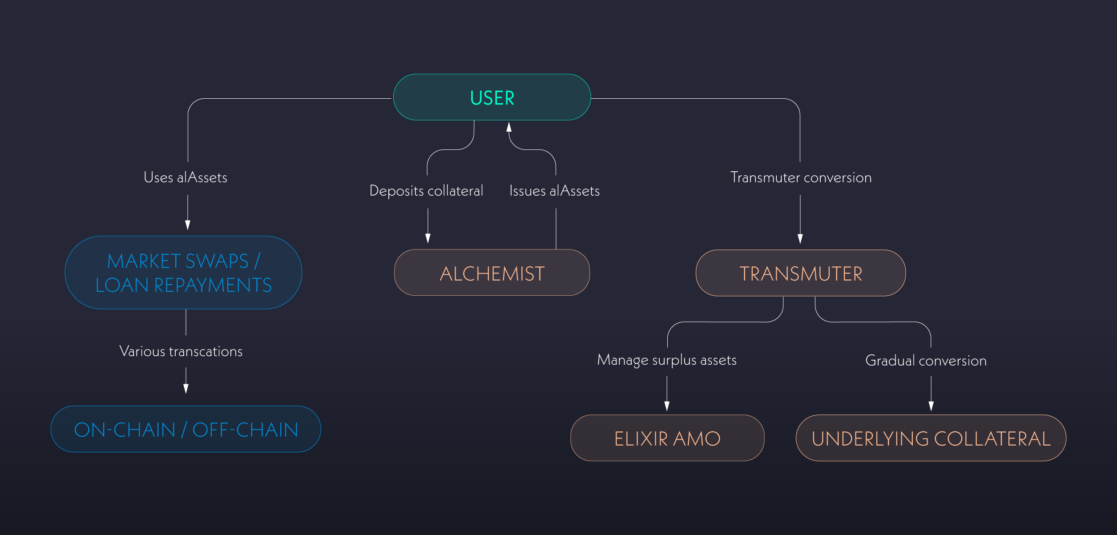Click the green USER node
point(492,97)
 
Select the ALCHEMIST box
point(492,273)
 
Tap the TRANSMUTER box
point(800,273)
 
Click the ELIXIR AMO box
point(667,438)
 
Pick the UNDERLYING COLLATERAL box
point(931,438)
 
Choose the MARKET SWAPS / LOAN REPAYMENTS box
point(183,273)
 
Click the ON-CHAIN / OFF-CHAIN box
point(185,429)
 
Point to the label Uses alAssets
point(185,177)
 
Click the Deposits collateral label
point(426,191)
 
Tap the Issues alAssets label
point(554,191)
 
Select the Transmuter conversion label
point(801,177)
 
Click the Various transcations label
point(181,351)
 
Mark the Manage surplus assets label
point(667,360)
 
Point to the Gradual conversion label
point(926,360)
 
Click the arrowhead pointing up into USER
point(509,127)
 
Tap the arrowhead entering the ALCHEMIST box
point(428,238)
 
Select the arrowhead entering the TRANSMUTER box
point(800,239)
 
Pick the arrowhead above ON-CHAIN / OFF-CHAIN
point(186,389)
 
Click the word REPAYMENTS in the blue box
point(213,285)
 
